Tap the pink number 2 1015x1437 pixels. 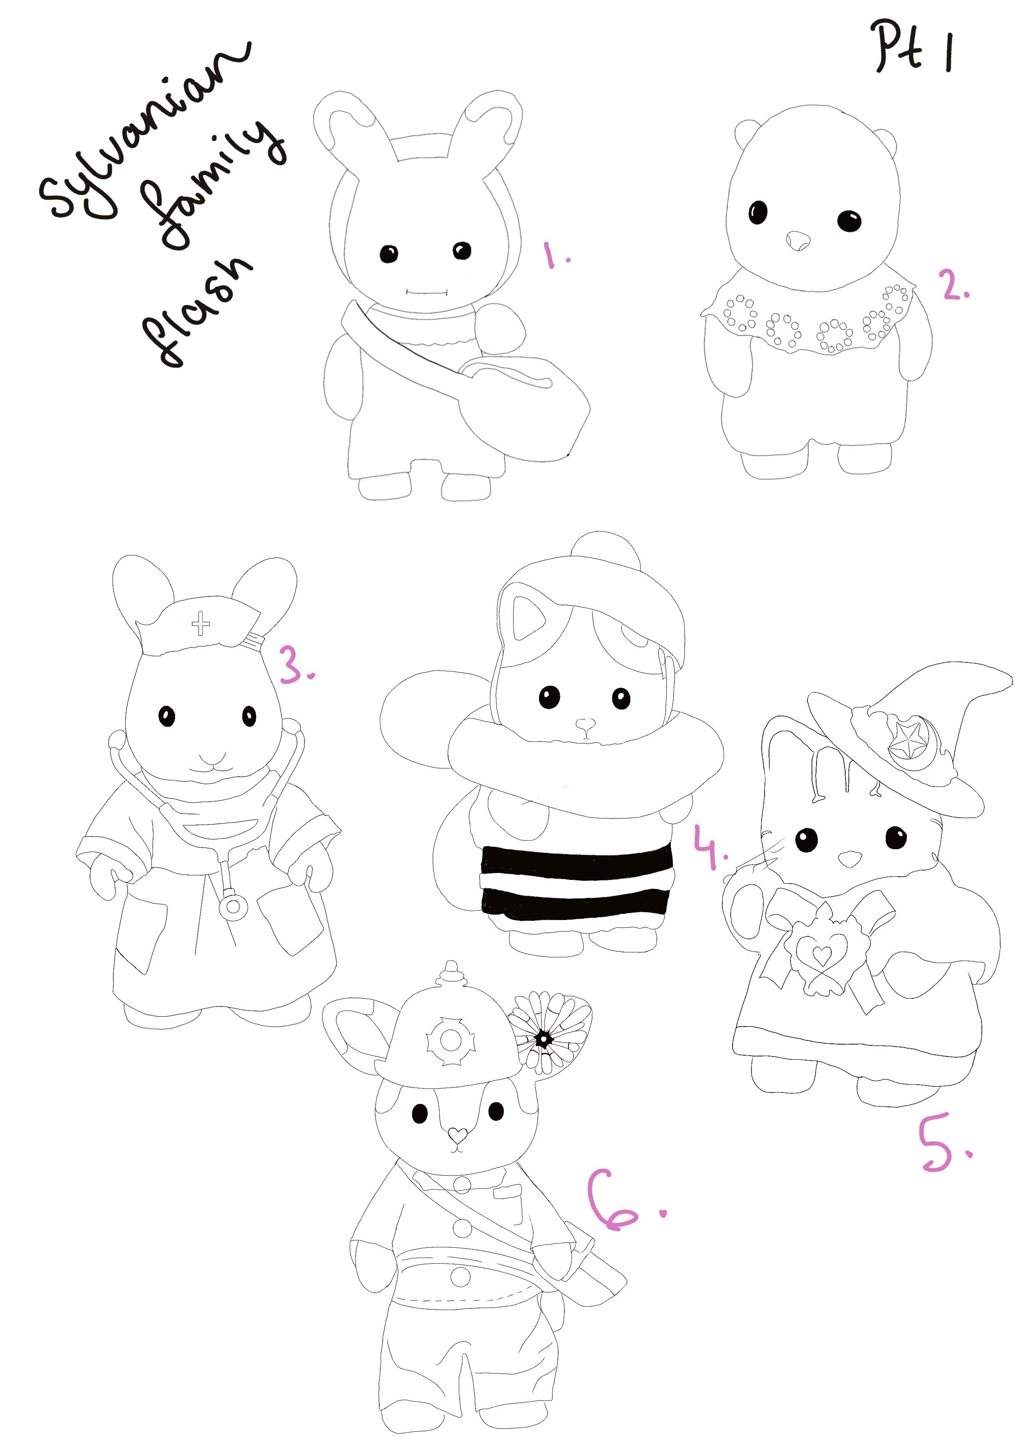click(x=954, y=286)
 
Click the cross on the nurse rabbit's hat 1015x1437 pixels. click(x=201, y=623)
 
